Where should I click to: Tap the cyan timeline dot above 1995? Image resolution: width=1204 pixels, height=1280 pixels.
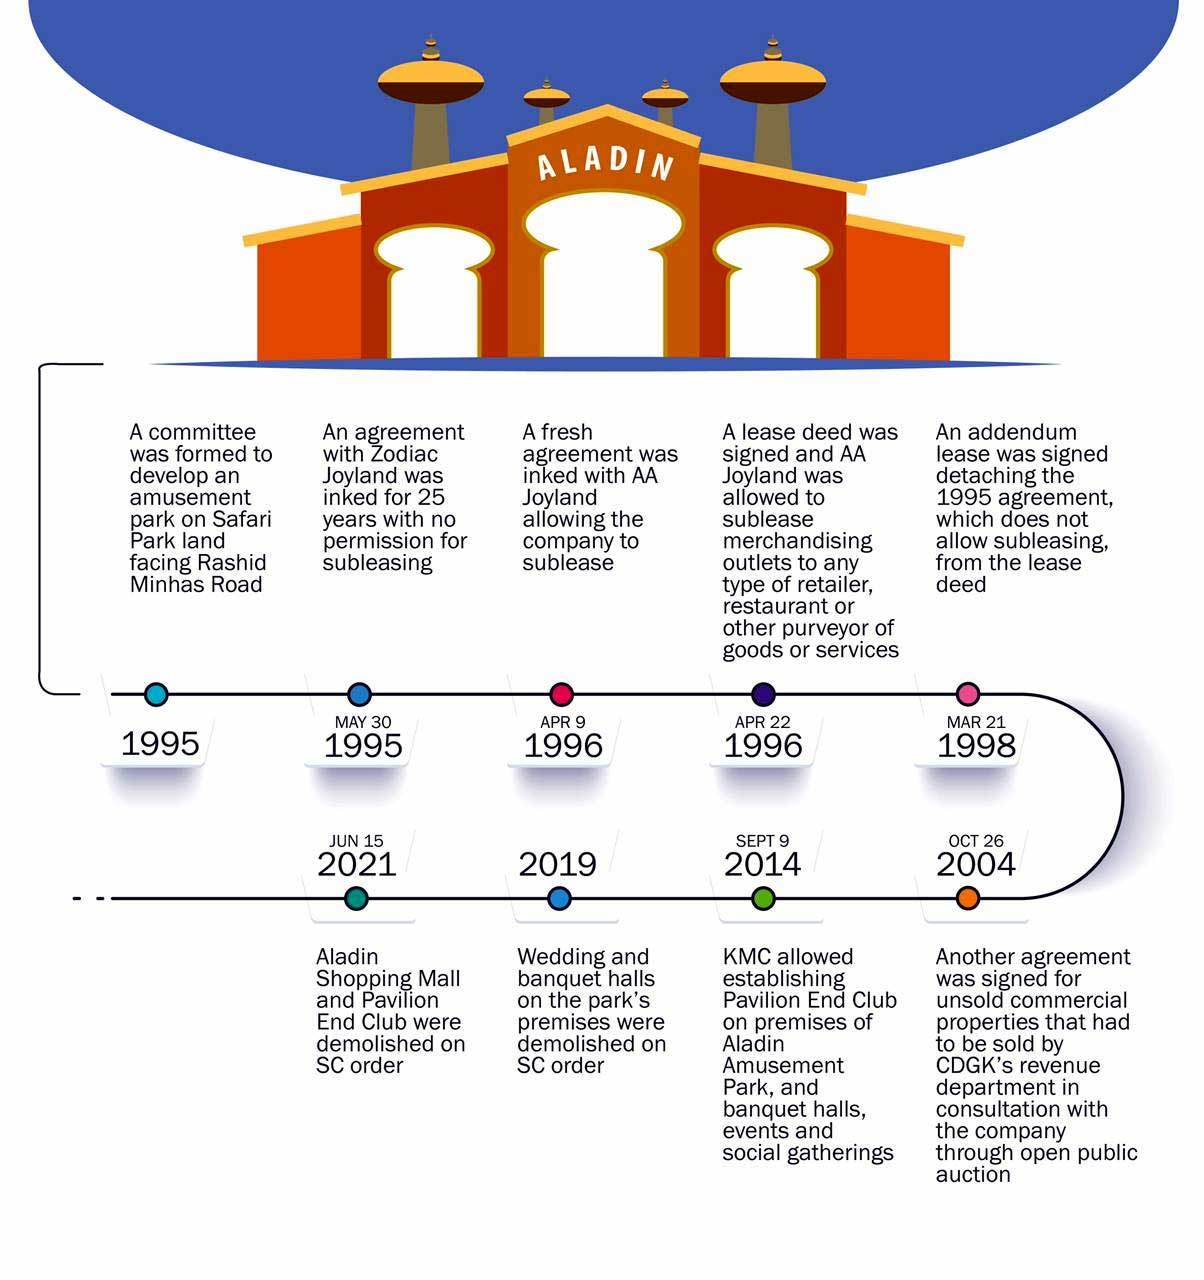156,694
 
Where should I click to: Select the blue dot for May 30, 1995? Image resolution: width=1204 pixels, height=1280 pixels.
359,694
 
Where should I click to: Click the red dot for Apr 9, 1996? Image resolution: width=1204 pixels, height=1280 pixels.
561,694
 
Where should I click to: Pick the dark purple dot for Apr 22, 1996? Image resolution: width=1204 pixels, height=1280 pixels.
763,694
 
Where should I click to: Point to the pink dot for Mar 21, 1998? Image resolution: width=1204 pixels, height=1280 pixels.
967,694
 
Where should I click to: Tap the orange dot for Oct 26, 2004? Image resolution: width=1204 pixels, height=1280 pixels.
967,898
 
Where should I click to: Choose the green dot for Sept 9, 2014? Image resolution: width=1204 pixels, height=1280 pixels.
763,898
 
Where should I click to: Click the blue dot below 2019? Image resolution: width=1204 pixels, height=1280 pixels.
559,898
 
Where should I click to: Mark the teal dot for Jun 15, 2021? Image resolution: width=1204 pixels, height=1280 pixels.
356,898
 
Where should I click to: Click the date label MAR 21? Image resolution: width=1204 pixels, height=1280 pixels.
976,722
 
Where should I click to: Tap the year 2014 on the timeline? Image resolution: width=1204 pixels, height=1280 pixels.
762,864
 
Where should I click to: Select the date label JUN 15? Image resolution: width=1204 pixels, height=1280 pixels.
356,841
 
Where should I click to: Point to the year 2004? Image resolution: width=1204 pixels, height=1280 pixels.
975,864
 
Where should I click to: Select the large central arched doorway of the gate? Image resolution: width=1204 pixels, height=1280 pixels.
603,280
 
